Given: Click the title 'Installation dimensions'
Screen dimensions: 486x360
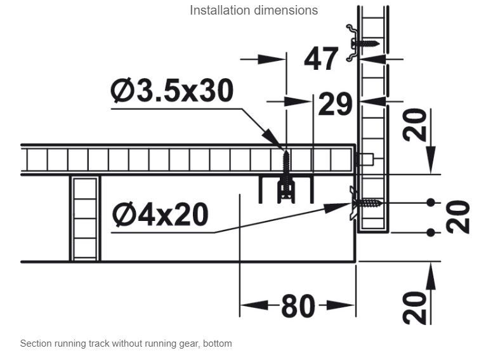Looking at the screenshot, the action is pos(254,10).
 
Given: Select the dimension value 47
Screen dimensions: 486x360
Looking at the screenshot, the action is pos(321,58).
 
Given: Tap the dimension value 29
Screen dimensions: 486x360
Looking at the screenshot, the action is pos(335,104).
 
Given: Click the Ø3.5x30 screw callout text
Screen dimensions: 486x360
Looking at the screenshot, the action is pos(172,90).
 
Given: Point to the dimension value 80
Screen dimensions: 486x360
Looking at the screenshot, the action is pos(298,306).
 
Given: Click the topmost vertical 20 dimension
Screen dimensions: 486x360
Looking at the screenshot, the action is pos(414,125).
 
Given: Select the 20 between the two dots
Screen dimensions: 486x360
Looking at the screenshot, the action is pos(458,217).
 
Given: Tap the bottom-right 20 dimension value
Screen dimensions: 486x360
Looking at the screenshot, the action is pos(414,308).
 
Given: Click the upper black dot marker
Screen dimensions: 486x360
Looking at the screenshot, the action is pos(431,203).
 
